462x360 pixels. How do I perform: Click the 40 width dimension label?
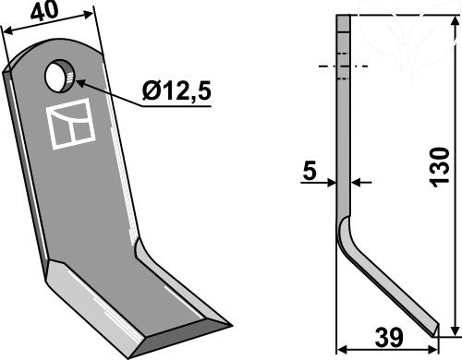[x=44, y=11]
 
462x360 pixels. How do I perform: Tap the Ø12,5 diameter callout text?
[x=176, y=91]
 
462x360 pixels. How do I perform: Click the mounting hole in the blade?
[x=59, y=76]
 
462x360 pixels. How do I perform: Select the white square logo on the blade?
[x=70, y=124]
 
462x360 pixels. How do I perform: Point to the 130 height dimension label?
[x=440, y=167]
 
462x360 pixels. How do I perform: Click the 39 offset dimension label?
[x=389, y=338]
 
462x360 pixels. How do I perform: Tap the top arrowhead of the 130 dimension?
[x=455, y=22]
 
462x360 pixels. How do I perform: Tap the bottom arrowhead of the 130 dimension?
[x=455, y=330]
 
